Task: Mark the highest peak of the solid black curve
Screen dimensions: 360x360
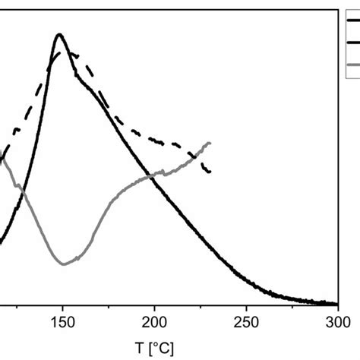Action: [x=59, y=34]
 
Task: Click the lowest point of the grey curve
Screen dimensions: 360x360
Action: [x=65, y=264]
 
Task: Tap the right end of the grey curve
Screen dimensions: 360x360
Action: [x=210, y=142]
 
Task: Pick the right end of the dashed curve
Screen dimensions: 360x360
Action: [x=210, y=172]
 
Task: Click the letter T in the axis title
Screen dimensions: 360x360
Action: [x=140, y=348]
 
